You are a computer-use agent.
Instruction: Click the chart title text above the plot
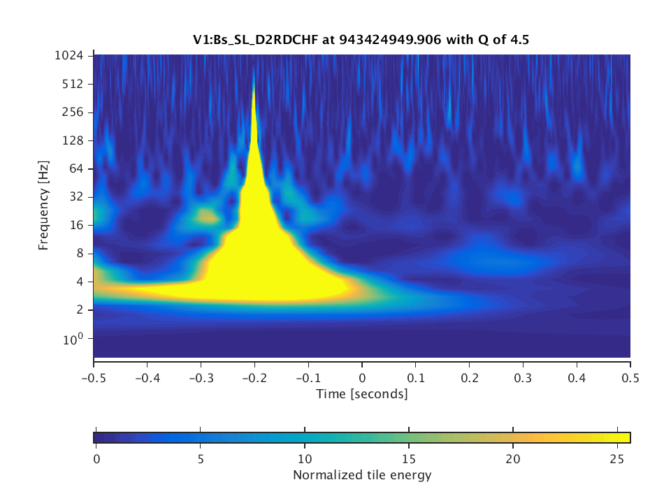362,40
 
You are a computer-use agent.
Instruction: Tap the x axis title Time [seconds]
362,394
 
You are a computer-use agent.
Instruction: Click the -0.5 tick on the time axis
93,376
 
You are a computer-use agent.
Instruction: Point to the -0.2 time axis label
254,376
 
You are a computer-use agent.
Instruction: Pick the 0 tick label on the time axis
362,376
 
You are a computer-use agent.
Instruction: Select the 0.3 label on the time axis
523,376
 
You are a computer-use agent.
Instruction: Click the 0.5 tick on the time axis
630,376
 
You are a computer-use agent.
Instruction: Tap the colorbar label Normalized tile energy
362,476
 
